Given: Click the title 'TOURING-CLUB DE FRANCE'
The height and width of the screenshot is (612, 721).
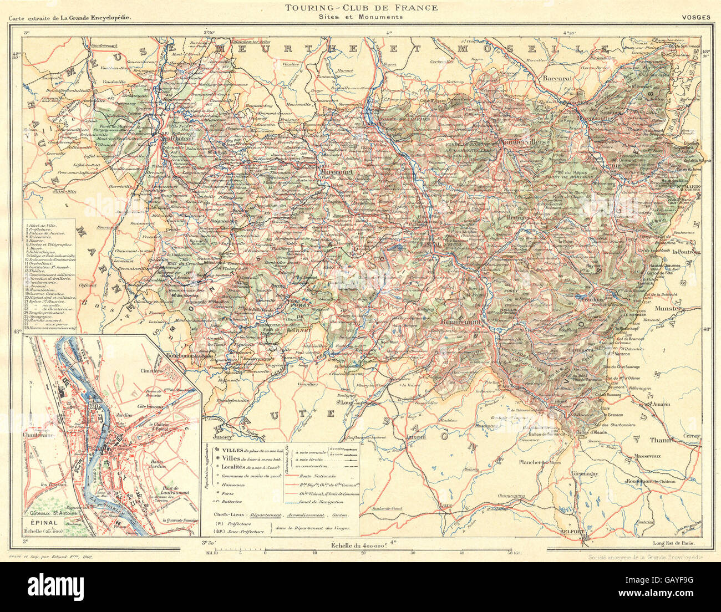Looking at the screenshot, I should (x=360, y=8).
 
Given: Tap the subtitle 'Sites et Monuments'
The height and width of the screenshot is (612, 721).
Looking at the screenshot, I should (x=360, y=17).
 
